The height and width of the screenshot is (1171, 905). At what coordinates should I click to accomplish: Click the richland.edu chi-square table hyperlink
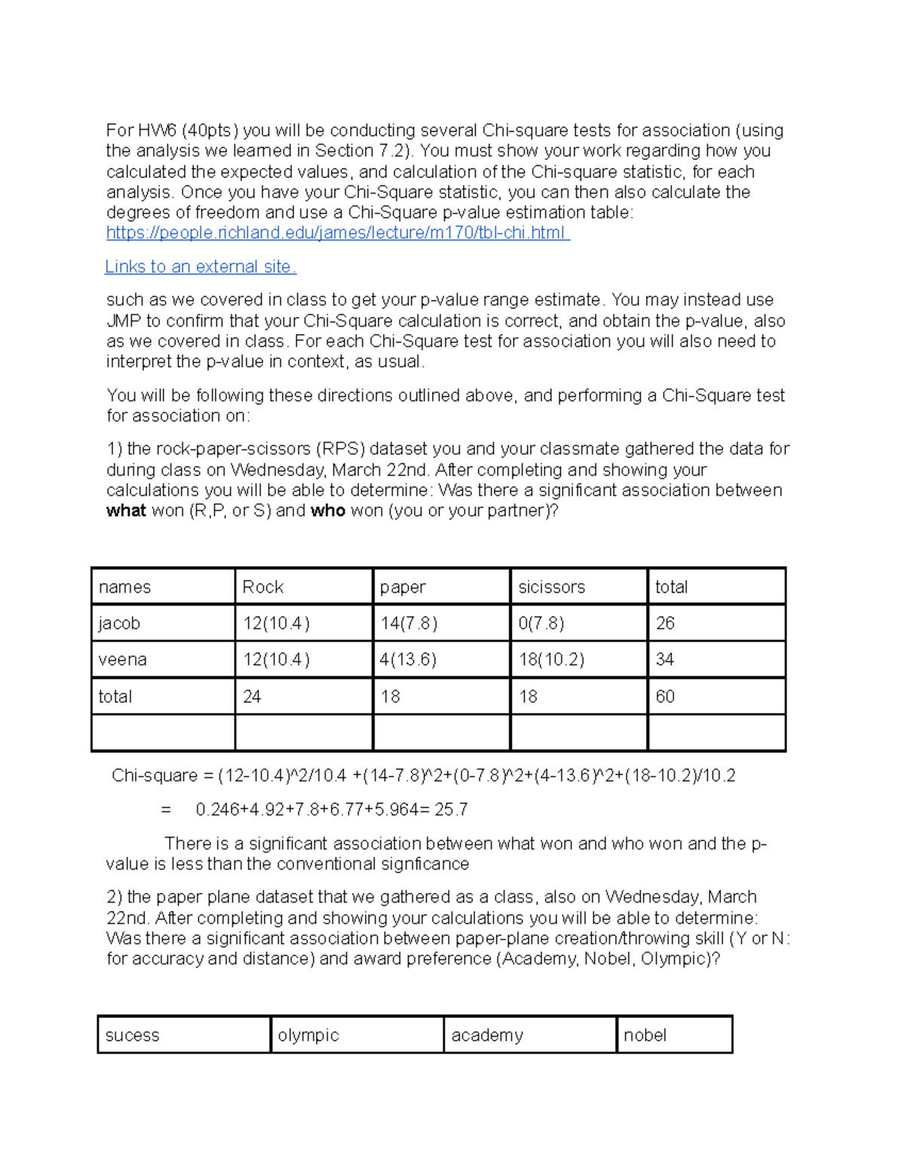click(337, 233)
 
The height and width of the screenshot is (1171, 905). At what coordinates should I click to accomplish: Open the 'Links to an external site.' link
click(200, 267)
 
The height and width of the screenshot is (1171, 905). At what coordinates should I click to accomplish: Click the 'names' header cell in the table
click(124, 587)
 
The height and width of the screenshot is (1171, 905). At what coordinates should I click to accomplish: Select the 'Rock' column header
click(262, 587)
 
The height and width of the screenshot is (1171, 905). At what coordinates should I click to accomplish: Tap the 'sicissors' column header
click(551, 587)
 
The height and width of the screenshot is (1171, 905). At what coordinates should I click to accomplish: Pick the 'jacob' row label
click(119, 624)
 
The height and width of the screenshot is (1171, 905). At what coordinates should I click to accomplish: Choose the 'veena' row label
click(122, 660)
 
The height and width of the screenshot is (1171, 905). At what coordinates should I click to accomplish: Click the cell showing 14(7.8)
click(408, 624)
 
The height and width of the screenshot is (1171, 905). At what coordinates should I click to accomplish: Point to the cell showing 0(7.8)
click(541, 624)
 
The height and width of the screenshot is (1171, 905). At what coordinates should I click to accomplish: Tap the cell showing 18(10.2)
click(551, 660)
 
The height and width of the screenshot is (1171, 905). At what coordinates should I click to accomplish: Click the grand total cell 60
click(665, 697)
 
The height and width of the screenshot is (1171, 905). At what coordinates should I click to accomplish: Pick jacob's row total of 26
click(665, 624)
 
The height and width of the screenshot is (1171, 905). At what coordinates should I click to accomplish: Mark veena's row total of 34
click(664, 660)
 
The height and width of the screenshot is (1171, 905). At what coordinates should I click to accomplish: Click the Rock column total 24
click(252, 697)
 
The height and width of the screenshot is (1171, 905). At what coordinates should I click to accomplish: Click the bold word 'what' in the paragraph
click(126, 511)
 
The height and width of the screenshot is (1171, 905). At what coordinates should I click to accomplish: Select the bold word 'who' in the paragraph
click(327, 511)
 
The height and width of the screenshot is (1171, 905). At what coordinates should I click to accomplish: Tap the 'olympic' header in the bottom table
click(308, 1035)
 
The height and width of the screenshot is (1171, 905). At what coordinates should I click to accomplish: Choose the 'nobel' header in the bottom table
click(645, 1035)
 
